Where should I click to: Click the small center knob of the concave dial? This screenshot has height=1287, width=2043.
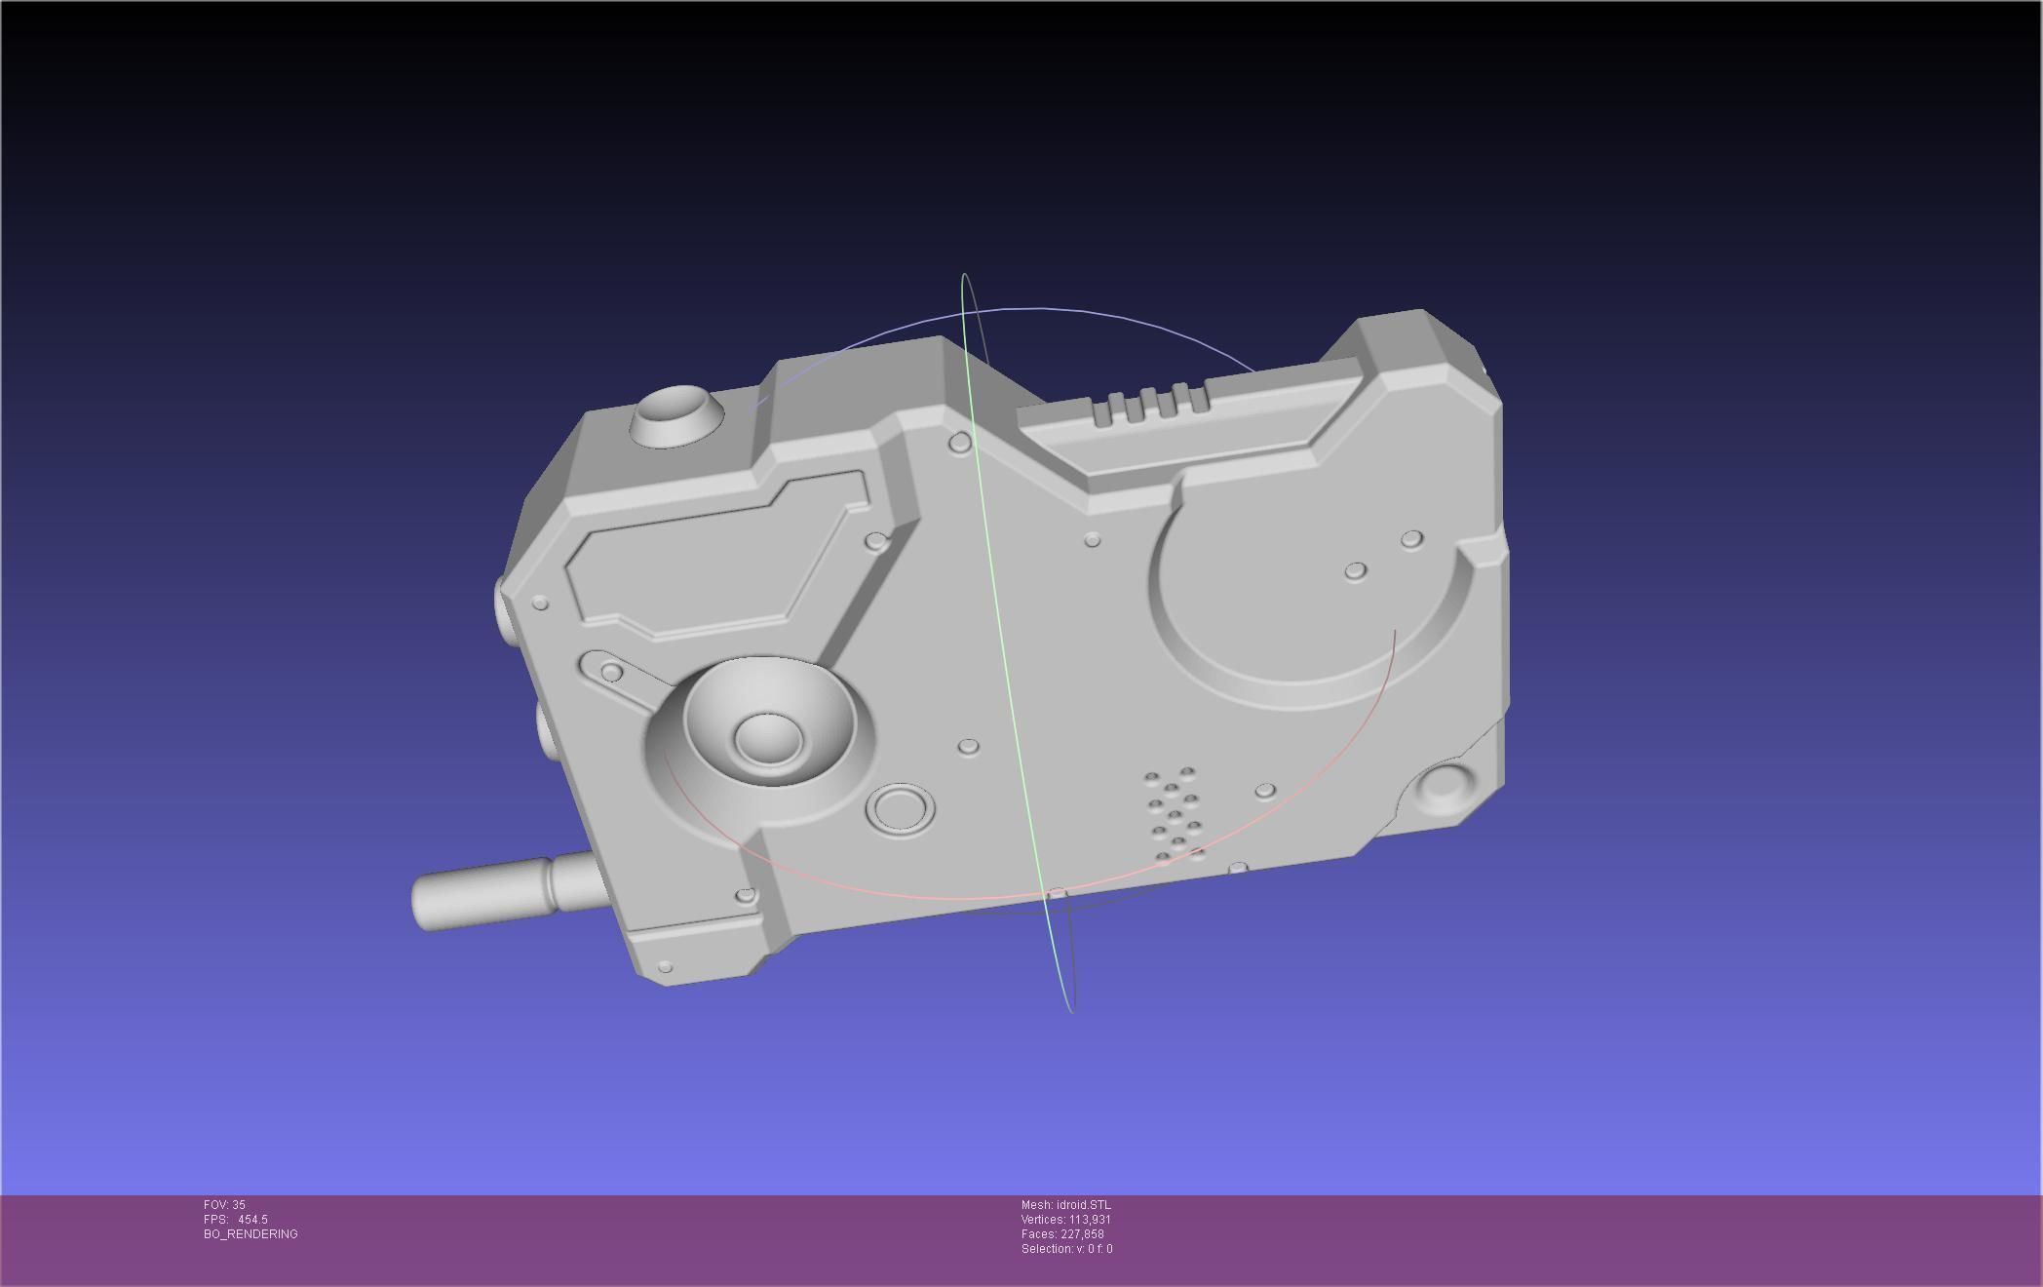point(767,737)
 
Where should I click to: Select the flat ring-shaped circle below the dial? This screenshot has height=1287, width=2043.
point(900,809)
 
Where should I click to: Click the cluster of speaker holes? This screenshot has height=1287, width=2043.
point(1175,815)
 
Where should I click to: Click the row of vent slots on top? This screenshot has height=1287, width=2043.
point(1150,404)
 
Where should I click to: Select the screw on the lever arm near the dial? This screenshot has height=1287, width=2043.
point(612,672)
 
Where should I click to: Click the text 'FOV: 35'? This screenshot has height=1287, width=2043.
point(224,1205)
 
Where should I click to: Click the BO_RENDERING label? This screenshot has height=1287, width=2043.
point(251,1234)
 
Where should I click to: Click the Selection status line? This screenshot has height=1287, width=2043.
point(1066,1249)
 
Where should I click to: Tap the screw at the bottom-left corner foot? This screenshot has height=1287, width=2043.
point(665,967)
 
